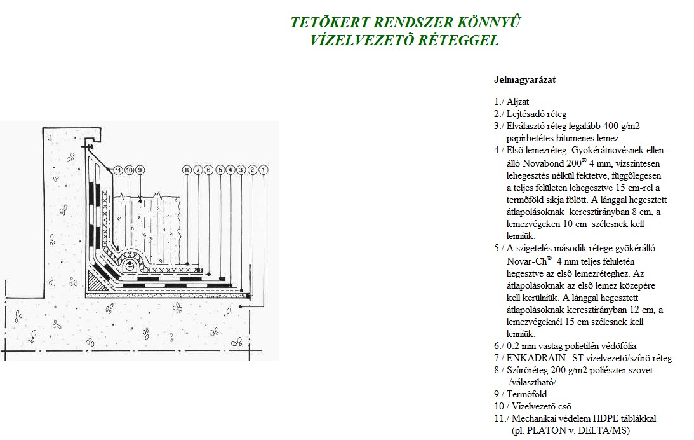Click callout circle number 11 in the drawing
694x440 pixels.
(x=117, y=170)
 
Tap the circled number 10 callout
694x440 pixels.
(x=129, y=170)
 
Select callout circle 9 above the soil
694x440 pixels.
(x=140, y=170)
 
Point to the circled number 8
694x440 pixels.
(x=187, y=170)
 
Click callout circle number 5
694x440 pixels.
(x=220, y=170)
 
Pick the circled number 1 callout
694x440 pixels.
(x=264, y=170)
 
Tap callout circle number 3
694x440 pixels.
(x=241, y=170)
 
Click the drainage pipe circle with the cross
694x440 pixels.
(x=130, y=266)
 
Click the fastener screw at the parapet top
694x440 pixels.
(x=88, y=146)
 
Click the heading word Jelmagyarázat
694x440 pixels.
(x=524, y=80)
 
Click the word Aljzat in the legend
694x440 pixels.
(x=518, y=102)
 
